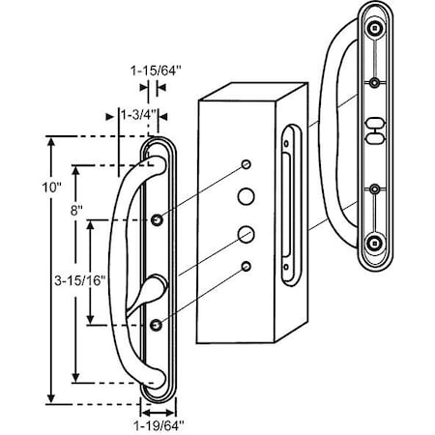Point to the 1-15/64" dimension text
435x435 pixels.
(150, 70)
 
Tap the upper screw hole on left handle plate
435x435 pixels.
(158, 222)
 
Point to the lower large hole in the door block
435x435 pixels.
(247, 234)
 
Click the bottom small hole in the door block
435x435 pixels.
(247, 266)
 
